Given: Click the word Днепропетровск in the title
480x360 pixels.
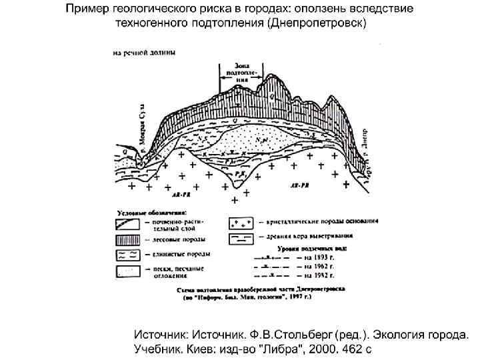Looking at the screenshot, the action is [x=316, y=23].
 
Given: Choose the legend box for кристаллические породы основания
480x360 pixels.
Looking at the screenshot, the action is [x=245, y=222].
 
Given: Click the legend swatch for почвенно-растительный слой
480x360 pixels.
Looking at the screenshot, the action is [x=127, y=222].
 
